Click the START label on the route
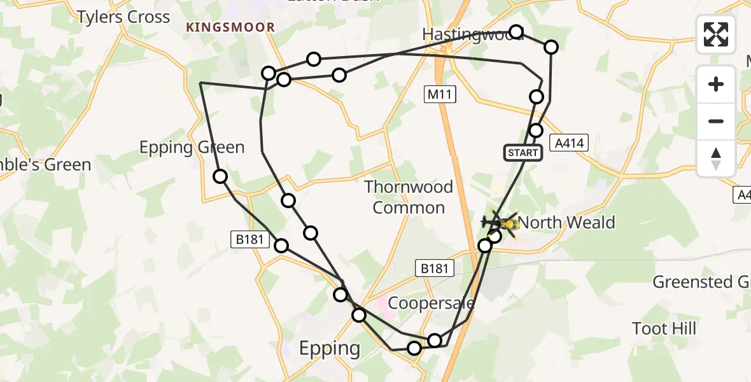coord(523,153)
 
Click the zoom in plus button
coord(716,84)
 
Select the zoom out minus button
coord(716,121)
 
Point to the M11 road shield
coord(439,95)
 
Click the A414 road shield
coord(569,144)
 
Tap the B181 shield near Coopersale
coord(436,268)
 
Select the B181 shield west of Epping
coord(246,240)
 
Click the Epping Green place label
coord(192,148)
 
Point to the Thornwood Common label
coord(409,197)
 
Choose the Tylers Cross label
coord(123,17)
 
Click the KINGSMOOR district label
coord(230,27)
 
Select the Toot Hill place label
coord(664,329)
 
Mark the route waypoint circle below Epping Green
coord(220,176)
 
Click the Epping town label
coord(330,348)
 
